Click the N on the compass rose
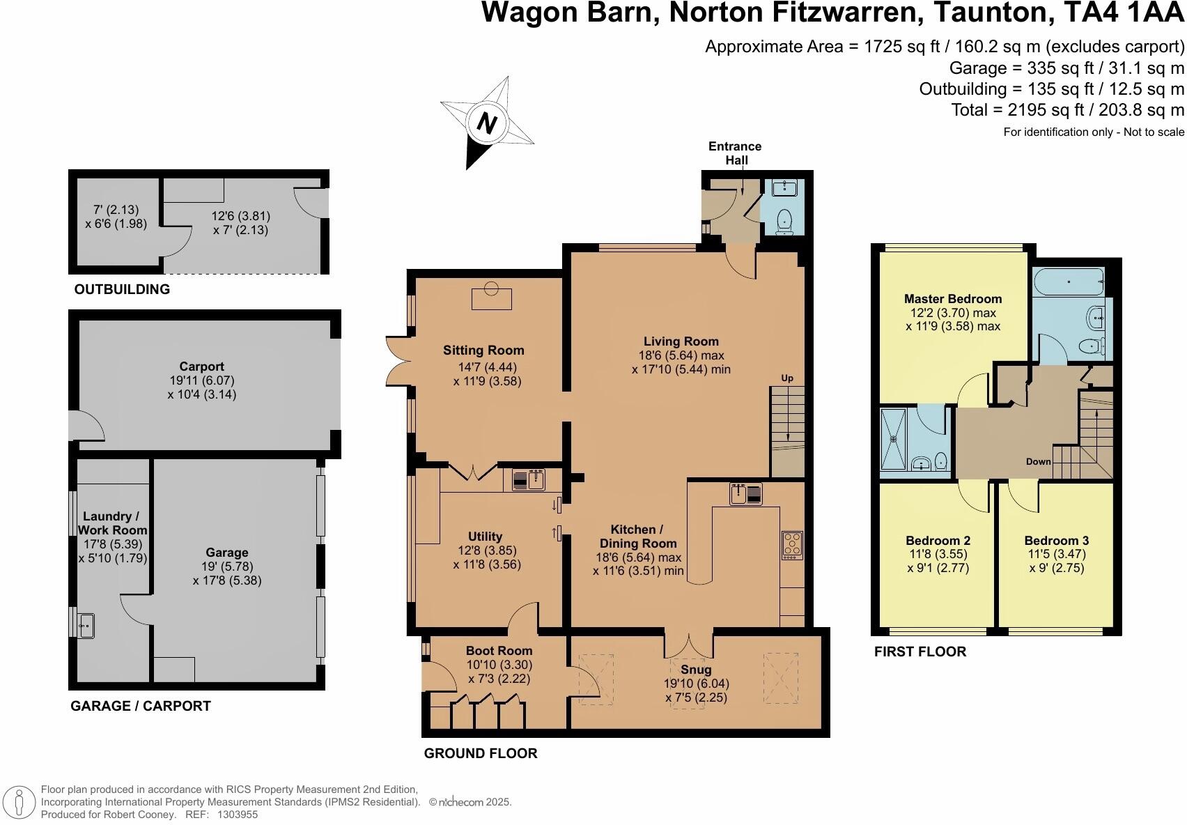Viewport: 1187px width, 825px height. click(486, 123)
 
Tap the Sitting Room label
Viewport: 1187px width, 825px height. click(483, 350)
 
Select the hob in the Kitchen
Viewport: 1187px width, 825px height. click(793, 544)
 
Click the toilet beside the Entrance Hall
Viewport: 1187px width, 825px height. click(784, 221)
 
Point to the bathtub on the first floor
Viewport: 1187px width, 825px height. click(1068, 282)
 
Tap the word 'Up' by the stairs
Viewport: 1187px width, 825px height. click(787, 378)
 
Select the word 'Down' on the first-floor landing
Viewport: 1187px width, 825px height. click(1038, 461)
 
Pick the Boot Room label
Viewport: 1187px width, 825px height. click(499, 651)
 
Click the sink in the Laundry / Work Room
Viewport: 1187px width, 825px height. click(86, 625)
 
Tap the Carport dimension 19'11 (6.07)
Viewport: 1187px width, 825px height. click(202, 380)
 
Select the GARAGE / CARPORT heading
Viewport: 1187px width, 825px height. click(141, 706)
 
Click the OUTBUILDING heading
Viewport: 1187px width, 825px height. click(122, 289)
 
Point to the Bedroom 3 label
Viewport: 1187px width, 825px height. click(1056, 540)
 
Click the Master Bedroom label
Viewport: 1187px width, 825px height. click(953, 299)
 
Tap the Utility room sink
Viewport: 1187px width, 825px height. click(528, 480)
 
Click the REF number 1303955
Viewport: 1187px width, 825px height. click(238, 814)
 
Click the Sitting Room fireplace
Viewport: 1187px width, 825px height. click(492, 298)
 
